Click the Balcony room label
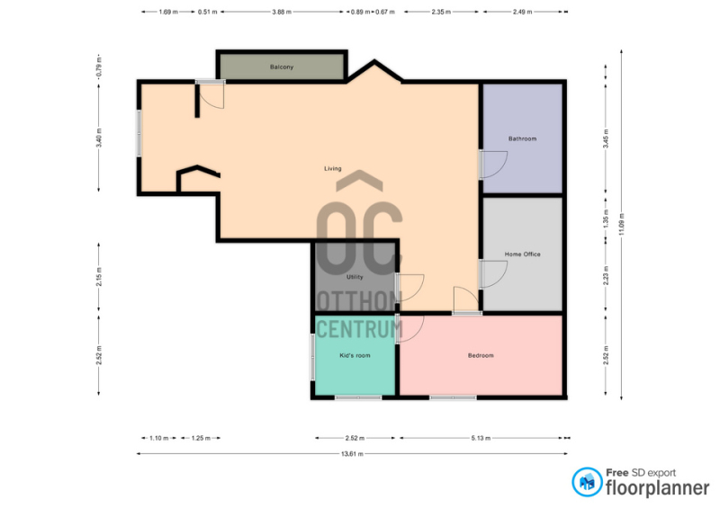[x=282, y=67]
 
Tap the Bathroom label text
[x=522, y=138]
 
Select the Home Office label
[x=523, y=254]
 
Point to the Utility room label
[x=355, y=277]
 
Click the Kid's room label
[x=355, y=356]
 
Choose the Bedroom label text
[x=481, y=356]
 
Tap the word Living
[x=333, y=169]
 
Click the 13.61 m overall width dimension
[x=352, y=454]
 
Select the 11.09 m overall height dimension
[x=621, y=225]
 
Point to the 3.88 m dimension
[x=282, y=12]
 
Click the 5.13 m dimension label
[x=481, y=438]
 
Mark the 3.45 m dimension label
[x=606, y=138]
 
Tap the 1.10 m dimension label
[x=159, y=438]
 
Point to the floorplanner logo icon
[x=587, y=482]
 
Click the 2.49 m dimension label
[x=522, y=12]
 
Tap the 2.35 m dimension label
[x=441, y=12]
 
